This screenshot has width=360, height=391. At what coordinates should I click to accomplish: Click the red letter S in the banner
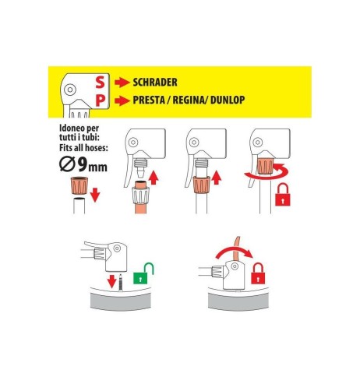tap(101, 82)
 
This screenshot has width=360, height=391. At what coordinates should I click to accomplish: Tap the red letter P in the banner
tap(101, 100)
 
